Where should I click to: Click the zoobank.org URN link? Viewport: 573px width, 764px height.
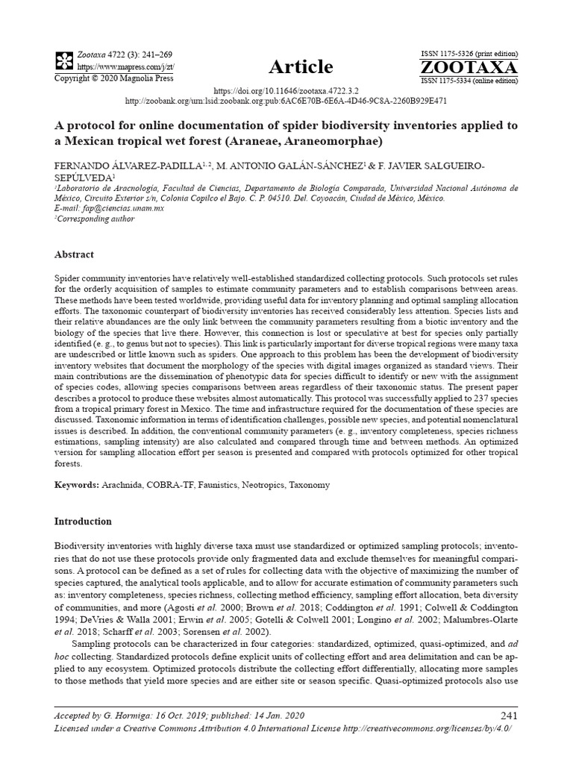[286, 100]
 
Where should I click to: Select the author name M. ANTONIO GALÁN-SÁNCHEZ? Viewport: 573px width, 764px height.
[275, 166]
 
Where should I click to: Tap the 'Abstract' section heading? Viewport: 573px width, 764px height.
[75, 254]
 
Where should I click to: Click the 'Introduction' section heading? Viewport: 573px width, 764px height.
[84, 521]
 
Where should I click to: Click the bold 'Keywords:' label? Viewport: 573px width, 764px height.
[77, 485]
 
